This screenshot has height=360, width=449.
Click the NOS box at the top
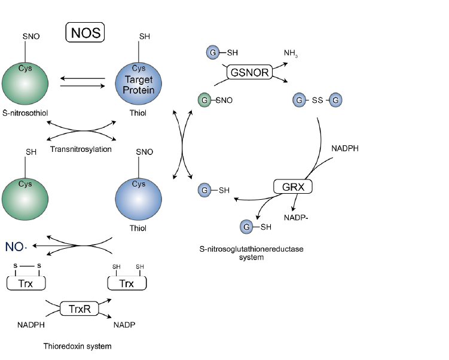(x=84, y=32)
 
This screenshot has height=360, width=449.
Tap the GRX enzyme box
(x=293, y=187)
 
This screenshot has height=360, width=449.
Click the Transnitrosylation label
(x=89, y=149)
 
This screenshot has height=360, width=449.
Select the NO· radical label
(x=17, y=246)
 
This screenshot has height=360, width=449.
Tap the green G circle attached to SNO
(x=205, y=100)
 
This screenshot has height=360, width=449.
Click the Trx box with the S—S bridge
(x=26, y=283)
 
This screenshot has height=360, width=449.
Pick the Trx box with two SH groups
(x=126, y=283)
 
